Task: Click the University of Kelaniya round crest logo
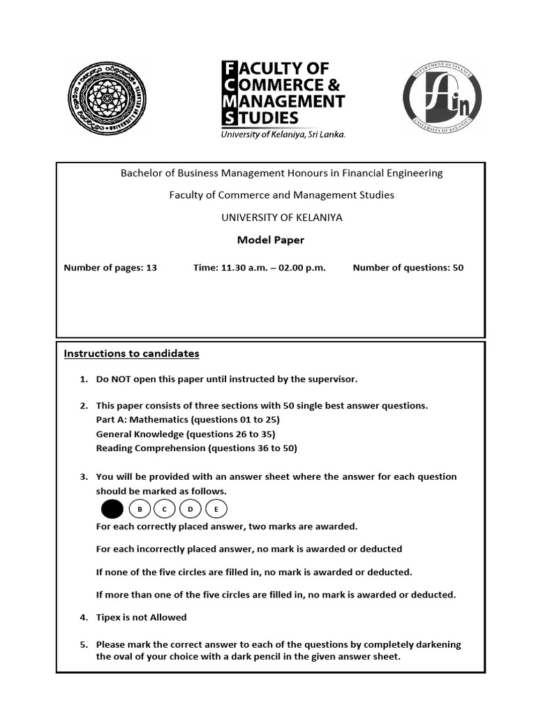107,97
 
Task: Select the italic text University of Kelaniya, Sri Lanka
283,135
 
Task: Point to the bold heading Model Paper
271,240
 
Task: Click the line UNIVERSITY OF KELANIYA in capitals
281,217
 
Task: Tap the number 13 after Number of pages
151,268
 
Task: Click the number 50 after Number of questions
458,268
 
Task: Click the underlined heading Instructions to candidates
132,354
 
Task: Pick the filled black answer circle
112,510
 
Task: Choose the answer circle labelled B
140,510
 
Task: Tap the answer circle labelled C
165,510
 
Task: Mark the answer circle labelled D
190,510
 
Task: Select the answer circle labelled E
216,510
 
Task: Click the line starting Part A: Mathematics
188,420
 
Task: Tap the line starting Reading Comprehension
196,448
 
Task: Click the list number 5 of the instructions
82,644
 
